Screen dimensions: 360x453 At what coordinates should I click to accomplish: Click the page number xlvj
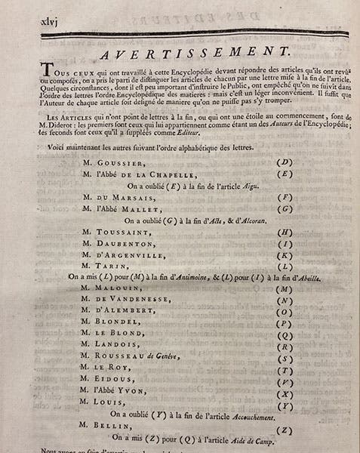pos(39,22)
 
